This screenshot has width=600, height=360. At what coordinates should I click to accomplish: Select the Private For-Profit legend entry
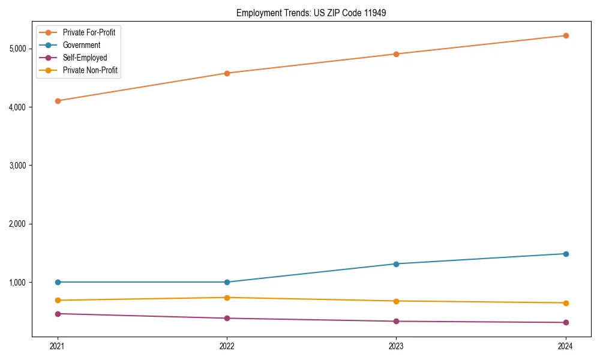click(89, 32)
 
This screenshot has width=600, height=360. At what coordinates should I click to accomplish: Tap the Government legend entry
click(82, 45)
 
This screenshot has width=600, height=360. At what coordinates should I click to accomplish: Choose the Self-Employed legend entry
click(85, 58)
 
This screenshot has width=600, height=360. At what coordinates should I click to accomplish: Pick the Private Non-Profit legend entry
click(90, 70)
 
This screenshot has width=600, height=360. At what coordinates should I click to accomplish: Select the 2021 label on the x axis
click(58, 346)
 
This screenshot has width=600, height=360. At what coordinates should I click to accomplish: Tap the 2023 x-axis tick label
click(396, 346)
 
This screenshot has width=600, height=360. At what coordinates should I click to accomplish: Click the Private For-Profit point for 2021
click(58, 101)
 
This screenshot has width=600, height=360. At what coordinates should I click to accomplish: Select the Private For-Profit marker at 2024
click(565, 35)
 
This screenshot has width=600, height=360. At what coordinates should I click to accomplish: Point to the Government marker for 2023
click(396, 264)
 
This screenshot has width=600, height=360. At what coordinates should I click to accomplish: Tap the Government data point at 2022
click(227, 282)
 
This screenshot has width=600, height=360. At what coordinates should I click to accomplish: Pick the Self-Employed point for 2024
click(565, 323)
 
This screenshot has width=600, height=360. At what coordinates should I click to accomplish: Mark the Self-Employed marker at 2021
click(58, 314)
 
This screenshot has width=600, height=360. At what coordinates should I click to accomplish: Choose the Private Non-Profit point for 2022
click(227, 298)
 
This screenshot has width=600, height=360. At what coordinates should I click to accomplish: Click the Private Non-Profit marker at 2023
click(396, 301)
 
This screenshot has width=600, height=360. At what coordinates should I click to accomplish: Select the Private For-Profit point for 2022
click(227, 73)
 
